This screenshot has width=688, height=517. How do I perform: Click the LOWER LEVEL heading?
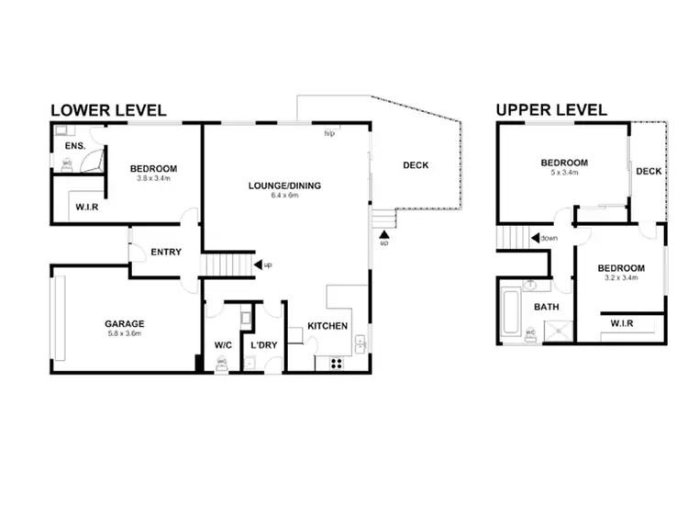coord(107,110)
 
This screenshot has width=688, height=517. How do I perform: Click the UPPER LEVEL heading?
coord(551,110)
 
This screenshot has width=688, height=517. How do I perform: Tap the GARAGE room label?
coord(124,323)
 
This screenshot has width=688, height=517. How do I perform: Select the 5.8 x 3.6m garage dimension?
coord(124,334)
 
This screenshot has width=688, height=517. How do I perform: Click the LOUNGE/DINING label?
coord(284,186)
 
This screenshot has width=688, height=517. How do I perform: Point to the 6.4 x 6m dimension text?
coord(284,197)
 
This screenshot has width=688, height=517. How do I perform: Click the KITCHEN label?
coord(327,327)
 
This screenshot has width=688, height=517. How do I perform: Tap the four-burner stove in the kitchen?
coord(336,362)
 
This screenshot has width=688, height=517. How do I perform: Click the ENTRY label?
coord(166,253)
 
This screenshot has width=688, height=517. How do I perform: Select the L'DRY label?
coord(264,345)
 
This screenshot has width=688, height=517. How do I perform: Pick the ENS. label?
coord(75,146)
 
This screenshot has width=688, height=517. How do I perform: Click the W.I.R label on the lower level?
coord(87,208)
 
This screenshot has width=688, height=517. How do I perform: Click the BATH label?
coord(548,308)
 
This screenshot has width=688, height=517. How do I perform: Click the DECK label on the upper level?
coord(649,172)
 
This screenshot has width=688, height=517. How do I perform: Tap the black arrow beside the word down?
coord(534,238)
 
